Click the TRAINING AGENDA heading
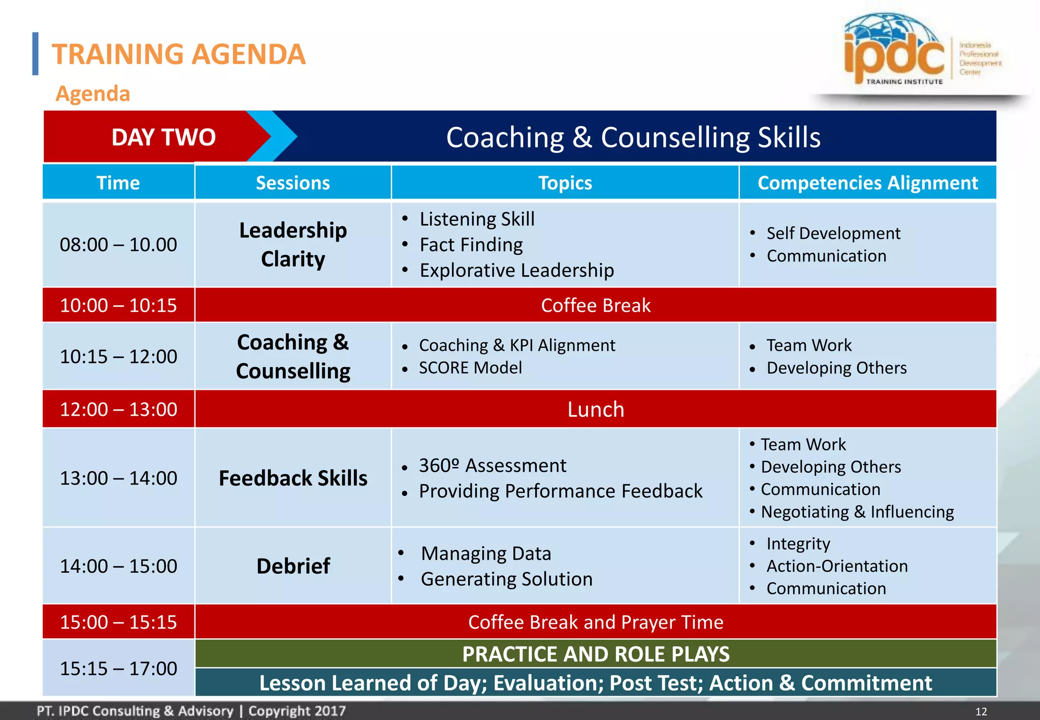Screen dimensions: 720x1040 tap(179, 54)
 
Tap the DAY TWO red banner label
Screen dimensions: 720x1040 tap(164, 137)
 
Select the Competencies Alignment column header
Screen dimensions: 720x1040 tap(867, 183)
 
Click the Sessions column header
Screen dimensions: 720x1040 tap(292, 183)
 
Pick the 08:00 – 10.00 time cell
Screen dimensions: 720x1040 tap(118, 245)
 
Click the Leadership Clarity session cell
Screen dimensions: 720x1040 tap(293, 245)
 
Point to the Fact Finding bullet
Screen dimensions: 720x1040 tap(471, 245)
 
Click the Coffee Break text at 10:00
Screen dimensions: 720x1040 tap(595, 305)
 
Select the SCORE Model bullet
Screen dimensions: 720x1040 tap(470, 368)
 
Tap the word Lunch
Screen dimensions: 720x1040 tap(595, 409)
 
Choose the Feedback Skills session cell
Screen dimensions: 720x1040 tap(293, 478)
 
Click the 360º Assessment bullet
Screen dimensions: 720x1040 tap(492, 465)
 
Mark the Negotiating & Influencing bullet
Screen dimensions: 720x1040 tap(857, 512)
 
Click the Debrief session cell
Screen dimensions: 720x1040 tap(293, 566)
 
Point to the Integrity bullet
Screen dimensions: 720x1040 tap(798, 544)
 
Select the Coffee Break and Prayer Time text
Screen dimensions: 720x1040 tap(595, 622)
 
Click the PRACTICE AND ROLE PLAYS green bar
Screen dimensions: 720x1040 tap(595, 654)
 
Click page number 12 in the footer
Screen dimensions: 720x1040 tap(981, 711)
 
